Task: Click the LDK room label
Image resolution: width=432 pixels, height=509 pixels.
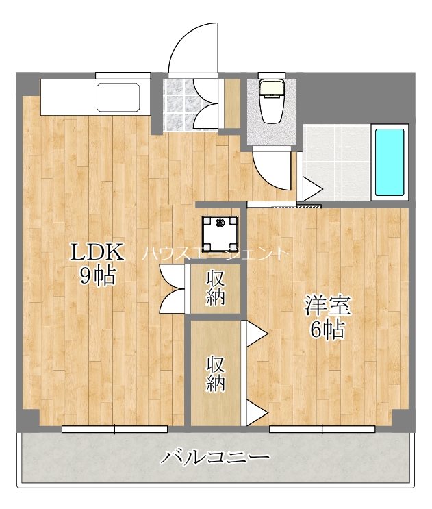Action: pyautogui.click(x=98, y=253)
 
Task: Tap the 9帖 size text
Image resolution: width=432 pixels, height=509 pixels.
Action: pyautogui.click(x=98, y=276)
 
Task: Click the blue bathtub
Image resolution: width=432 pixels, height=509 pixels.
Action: pyautogui.click(x=390, y=162)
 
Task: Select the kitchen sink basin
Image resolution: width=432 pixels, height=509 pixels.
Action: pyautogui.click(x=119, y=97)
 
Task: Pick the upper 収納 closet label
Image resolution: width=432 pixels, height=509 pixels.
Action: pyautogui.click(x=216, y=288)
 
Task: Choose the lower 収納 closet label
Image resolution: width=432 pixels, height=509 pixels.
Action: pyautogui.click(x=216, y=373)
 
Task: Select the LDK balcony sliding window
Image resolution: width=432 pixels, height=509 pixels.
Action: pyautogui.click(x=114, y=429)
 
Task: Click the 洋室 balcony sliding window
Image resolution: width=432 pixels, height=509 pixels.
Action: pyautogui.click(x=322, y=429)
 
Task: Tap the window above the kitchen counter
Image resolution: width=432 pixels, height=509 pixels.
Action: pyautogui.click(x=123, y=75)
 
